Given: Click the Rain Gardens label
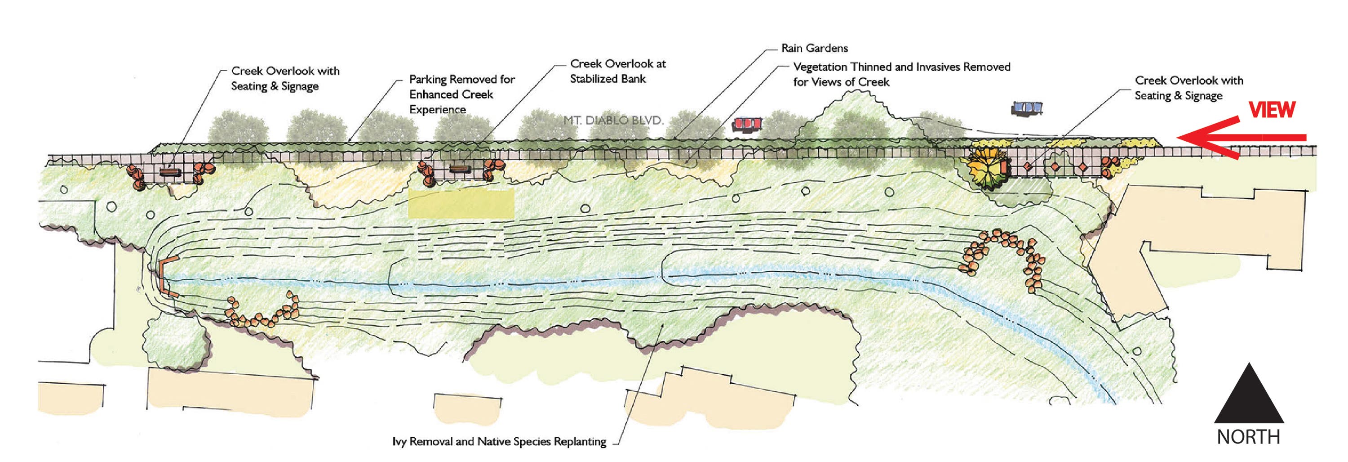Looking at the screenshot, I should tap(814, 48).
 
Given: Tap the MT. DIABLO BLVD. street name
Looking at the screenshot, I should tap(613, 120).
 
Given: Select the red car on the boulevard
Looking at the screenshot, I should tap(747, 124).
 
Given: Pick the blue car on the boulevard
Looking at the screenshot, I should tap(1027, 108).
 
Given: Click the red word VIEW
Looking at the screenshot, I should tap(1272, 110).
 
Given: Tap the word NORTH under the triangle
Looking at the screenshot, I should tap(1249, 437).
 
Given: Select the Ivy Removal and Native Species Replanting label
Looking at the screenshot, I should tap(499, 442).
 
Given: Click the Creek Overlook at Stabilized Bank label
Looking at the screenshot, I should tap(617, 71).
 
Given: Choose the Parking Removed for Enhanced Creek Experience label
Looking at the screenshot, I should tap(461, 94).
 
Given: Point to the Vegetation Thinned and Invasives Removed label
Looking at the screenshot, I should tap(901, 74).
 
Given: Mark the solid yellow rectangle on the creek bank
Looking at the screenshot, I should tap(461, 204).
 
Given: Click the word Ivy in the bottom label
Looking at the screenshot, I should tap(399, 442).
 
